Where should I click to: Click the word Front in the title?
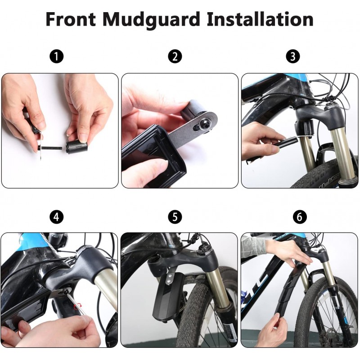click(x=71, y=19)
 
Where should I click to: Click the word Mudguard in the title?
click(x=152, y=19)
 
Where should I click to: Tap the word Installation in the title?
click(x=260, y=19)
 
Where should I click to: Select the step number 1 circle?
click(x=57, y=57)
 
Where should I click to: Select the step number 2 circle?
click(x=175, y=57)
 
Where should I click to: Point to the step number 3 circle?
click(x=293, y=57)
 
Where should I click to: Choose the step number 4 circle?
click(x=57, y=217)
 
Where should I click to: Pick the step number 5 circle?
click(x=175, y=217)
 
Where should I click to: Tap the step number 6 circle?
click(x=300, y=217)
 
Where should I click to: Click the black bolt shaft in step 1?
click(x=51, y=148)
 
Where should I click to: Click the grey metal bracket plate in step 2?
click(x=193, y=129)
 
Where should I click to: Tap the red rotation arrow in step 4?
click(x=77, y=306)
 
